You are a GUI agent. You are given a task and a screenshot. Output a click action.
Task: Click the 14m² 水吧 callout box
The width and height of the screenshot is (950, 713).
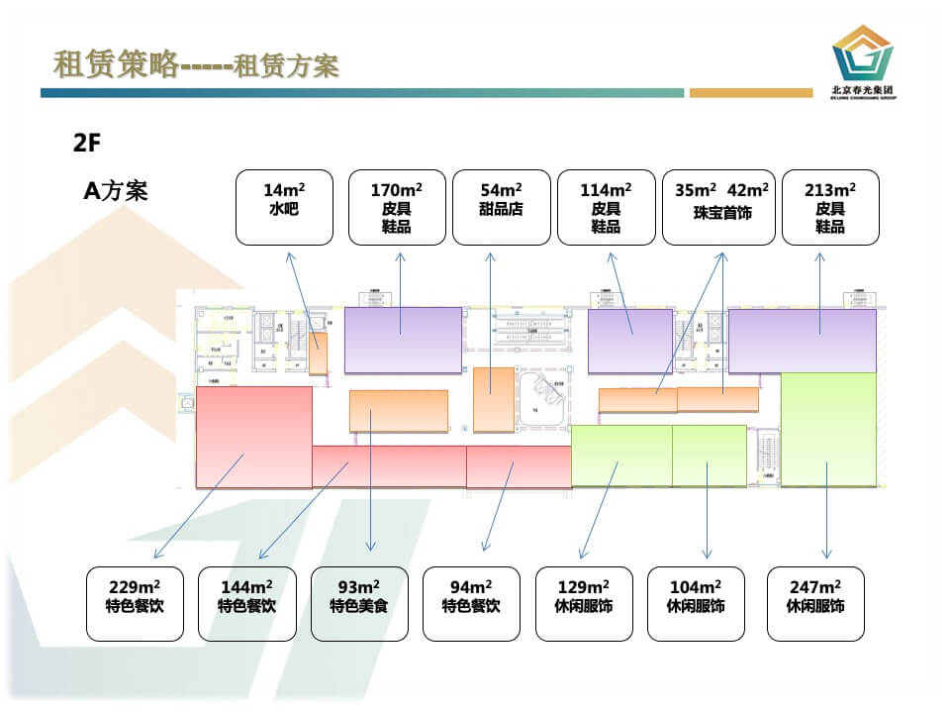click(283, 207)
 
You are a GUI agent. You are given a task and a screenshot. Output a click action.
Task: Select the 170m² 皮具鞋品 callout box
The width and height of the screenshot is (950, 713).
click(397, 207)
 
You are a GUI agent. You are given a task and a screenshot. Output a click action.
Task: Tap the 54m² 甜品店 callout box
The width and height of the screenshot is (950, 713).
click(501, 207)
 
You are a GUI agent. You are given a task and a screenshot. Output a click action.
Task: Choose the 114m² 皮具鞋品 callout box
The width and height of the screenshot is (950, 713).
click(606, 207)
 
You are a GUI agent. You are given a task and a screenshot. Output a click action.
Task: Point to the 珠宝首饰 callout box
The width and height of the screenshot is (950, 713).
click(721, 207)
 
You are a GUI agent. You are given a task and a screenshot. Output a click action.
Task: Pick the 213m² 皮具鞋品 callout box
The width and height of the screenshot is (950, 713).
click(830, 207)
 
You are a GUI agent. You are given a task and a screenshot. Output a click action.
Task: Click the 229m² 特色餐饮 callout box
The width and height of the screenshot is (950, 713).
click(135, 603)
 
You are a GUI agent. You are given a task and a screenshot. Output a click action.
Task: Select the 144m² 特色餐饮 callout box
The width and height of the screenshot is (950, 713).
click(247, 603)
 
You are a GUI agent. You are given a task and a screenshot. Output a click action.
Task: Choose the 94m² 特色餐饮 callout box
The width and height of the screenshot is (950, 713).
click(471, 603)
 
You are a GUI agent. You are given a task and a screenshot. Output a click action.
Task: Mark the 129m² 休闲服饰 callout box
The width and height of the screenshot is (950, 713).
click(584, 603)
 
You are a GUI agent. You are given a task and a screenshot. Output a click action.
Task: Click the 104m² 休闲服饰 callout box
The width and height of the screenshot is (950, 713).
click(696, 603)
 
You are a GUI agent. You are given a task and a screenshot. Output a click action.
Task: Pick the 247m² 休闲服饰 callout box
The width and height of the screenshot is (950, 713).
click(815, 603)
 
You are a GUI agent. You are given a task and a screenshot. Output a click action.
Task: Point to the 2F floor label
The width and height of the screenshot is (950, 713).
click(87, 143)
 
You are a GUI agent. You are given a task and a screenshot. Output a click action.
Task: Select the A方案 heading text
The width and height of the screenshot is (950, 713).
click(115, 191)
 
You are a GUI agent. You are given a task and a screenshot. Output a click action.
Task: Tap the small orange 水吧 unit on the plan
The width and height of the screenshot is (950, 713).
click(318, 354)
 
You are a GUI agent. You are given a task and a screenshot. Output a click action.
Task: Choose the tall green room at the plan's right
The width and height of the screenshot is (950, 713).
click(828, 429)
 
